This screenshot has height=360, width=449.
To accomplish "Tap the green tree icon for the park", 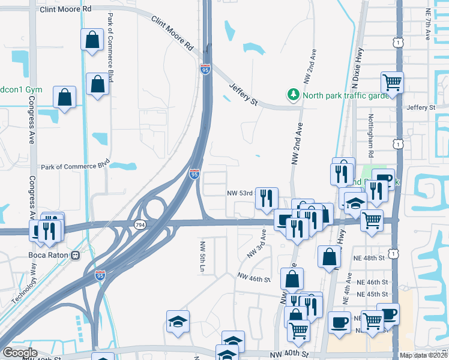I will [294, 95].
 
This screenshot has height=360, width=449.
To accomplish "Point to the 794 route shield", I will [140, 224].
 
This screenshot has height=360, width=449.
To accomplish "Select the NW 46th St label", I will [255, 277].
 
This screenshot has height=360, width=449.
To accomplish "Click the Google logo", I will [20, 353].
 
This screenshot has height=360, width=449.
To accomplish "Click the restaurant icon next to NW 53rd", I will [267, 197].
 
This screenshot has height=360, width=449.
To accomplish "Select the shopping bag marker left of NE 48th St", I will [329, 256].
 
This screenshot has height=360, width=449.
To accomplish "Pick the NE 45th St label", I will [370, 294].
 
